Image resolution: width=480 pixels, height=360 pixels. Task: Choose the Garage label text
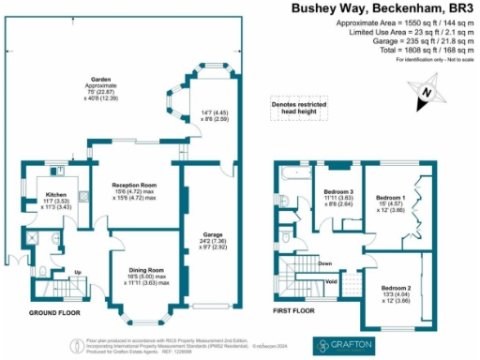coord(212,233)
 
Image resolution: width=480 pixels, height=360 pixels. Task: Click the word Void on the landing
coord(330,279)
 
